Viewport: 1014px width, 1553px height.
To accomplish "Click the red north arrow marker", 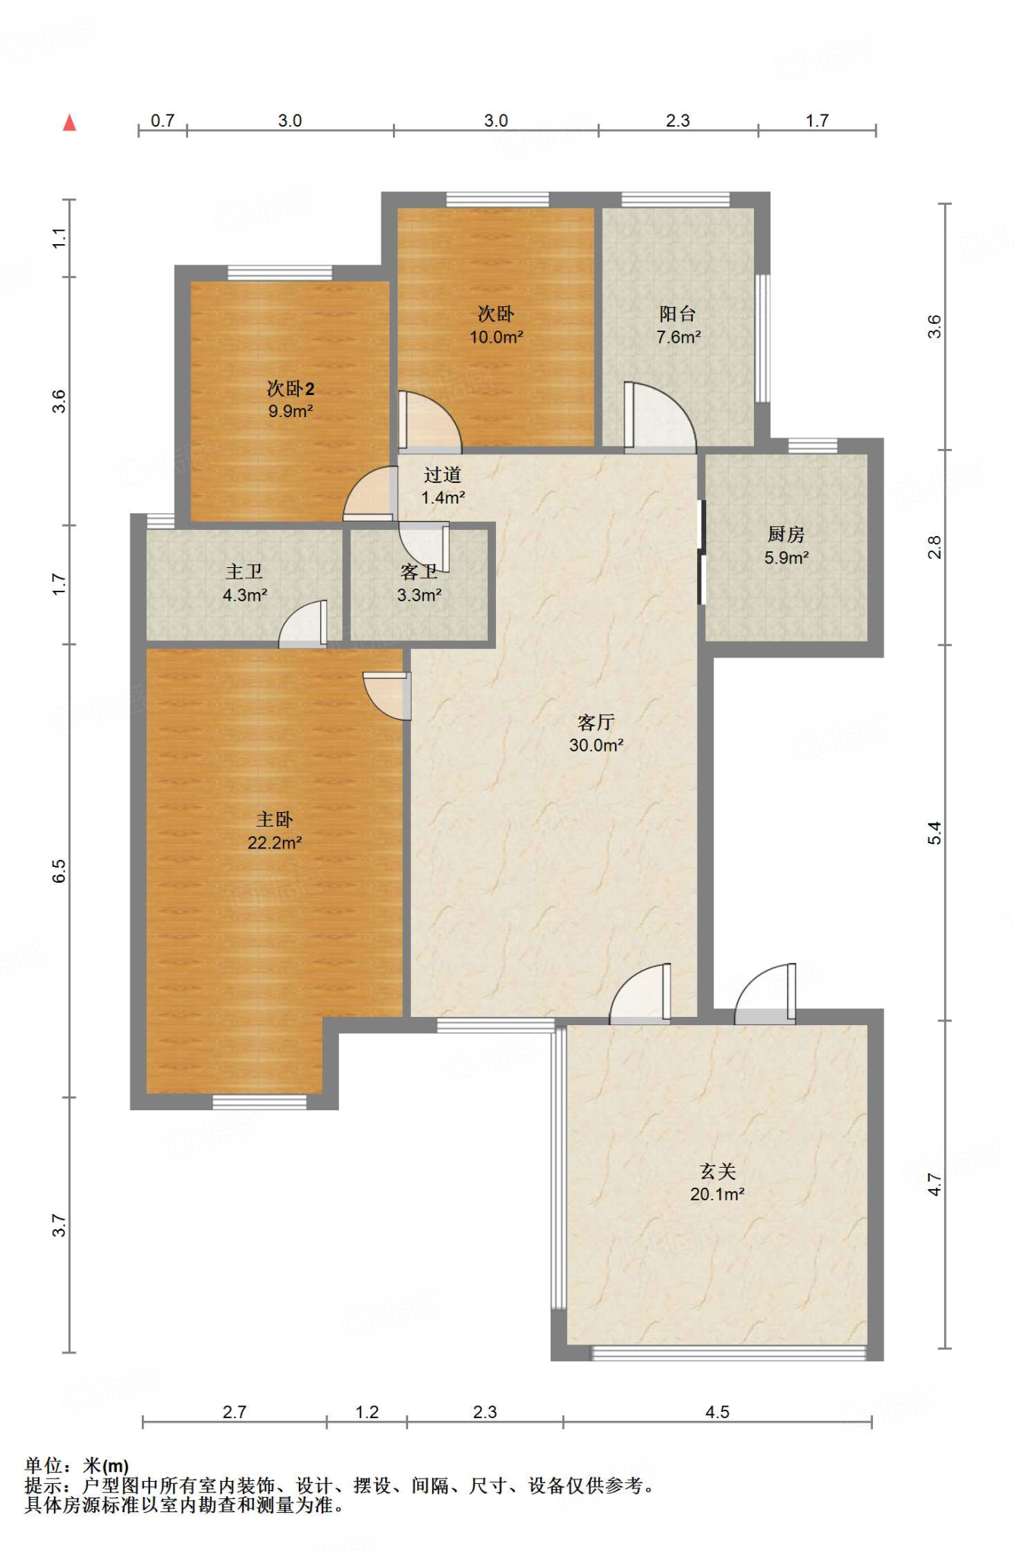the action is [x=70, y=122].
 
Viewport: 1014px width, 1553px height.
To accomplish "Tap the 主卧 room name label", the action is [x=275, y=820].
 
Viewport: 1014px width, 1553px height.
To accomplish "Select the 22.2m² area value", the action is [x=275, y=842].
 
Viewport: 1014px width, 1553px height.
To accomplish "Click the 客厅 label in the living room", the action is [x=596, y=722].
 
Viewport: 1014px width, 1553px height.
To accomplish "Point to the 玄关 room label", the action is [x=717, y=1172].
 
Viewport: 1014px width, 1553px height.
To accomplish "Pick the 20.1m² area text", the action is [x=717, y=1194].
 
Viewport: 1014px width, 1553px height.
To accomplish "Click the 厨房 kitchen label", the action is [x=786, y=535].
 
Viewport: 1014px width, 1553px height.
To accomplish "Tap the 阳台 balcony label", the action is [x=678, y=314].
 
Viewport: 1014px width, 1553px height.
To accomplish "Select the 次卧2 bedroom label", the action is [x=290, y=388].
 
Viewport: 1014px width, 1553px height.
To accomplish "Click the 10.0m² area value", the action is [x=496, y=337].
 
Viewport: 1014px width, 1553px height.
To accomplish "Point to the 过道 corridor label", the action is [x=443, y=475].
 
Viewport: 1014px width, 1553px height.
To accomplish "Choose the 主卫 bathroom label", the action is [x=244, y=573].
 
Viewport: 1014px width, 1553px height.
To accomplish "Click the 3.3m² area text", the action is [x=419, y=595].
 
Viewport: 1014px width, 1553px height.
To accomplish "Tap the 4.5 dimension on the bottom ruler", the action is [x=717, y=1412].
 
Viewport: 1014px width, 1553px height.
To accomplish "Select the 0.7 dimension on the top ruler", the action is [x=162, y=121].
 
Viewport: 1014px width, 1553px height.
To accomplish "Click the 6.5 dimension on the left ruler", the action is [x=59, y=871].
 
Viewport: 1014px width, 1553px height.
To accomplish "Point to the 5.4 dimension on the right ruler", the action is [x=935, y=833].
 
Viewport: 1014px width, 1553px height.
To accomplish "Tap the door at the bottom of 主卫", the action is [x=303, y=624].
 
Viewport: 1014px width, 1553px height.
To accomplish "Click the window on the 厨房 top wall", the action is [x=812, y=446].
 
